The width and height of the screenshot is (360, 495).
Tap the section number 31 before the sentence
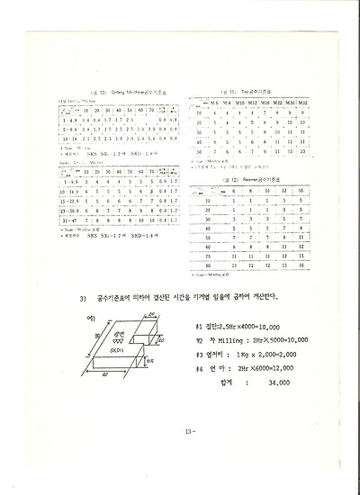pos(82,295)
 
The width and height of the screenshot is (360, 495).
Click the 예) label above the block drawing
pos(79,318)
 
